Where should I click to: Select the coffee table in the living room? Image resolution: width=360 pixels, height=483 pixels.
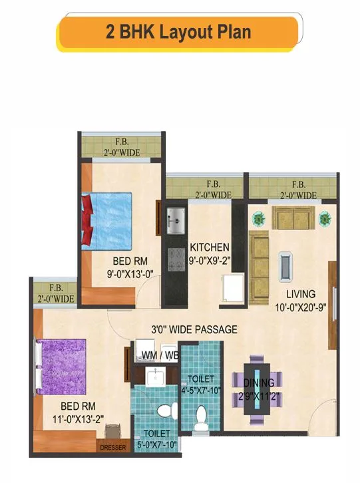(x=285, y=264)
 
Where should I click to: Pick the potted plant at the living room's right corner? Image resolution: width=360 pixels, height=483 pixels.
(x=324, y=217)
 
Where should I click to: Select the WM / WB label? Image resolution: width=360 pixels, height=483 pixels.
(x=160, y=356)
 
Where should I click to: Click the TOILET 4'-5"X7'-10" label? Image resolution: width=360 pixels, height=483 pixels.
(x=200, y=384)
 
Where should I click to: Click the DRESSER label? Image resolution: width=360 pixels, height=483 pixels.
(x=112, y=448)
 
